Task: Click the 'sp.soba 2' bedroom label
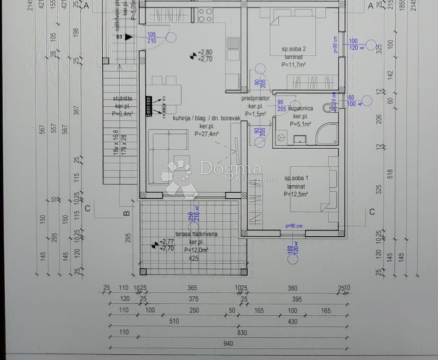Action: coord(294,49)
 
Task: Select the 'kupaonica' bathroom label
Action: coord(300,108)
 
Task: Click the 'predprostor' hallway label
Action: coord(255,99)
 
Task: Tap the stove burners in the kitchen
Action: coord(205,15)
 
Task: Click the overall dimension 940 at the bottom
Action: coord(228,343)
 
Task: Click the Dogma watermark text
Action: coord(230,168)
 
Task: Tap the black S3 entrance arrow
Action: coord(129,37)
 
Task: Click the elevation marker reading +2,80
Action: coord(205,52)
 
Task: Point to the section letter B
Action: coord(126,213)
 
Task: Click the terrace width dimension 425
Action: coord(193,258)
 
